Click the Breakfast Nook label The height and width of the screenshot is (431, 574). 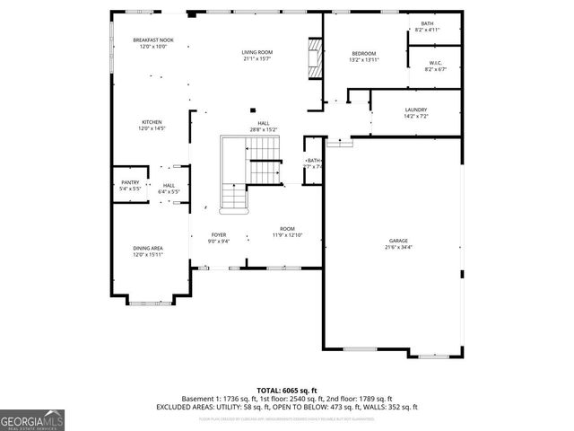[x=152, y=40]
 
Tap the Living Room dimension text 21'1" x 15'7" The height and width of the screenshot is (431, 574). [x=257, y=59]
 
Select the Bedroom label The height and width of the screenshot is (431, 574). [x=363, y=53]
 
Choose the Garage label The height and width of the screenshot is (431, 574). [x=398, y=240]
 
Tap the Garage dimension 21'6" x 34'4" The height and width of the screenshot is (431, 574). [x=398, y=247]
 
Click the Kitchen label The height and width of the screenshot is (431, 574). [x=152, y=122]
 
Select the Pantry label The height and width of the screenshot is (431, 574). [x=130, y=182]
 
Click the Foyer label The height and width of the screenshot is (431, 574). [x=219, y=234]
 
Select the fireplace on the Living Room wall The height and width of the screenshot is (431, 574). [x=313, y=57]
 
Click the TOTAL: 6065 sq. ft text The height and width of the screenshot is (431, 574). [x=287, y=390]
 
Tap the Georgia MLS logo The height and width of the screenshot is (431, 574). [x=32, y=418]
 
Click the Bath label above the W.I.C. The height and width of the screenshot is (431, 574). [x=426, y=23]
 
